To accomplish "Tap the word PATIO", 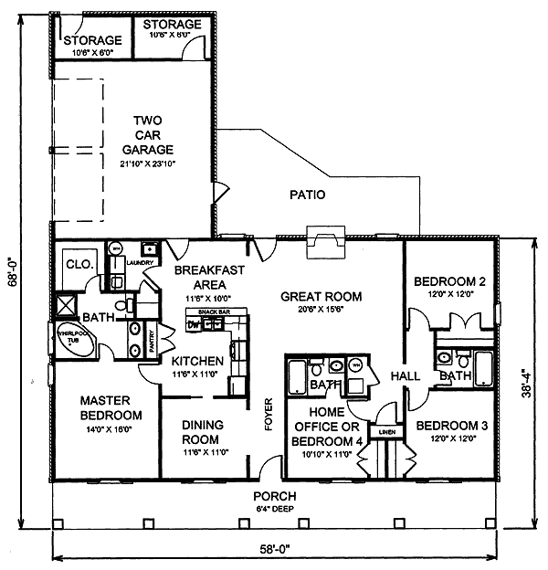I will point(307,195).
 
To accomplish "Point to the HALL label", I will point(405,376).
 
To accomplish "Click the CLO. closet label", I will point(75,265).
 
